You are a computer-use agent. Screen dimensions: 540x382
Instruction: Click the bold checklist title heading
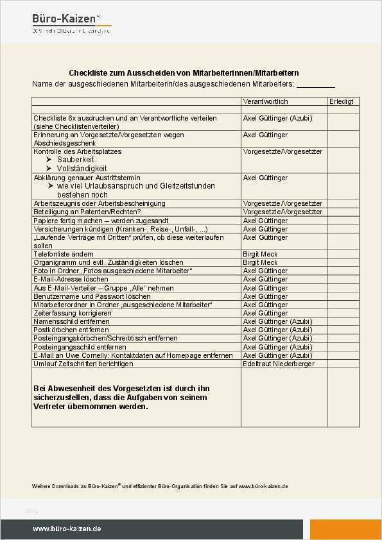point(184,73)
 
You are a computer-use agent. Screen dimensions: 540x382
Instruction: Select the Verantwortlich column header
point(265,101)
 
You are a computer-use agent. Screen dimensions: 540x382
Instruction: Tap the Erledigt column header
point(341,101)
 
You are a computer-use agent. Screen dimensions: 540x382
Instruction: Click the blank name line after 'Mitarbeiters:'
point(315,85)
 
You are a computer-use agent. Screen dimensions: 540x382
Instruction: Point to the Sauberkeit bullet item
point(75,160)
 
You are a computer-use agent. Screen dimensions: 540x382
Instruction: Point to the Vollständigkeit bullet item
point(80,168)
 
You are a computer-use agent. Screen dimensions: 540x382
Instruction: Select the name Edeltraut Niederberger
point(278,364)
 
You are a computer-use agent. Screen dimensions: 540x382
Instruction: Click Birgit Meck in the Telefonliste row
point(260,254)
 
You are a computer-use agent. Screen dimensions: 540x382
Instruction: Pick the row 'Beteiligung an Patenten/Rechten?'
point(87,212)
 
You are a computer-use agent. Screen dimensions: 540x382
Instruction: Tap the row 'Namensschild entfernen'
point(71,321)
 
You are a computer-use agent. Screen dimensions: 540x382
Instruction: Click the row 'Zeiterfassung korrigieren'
point(72,313)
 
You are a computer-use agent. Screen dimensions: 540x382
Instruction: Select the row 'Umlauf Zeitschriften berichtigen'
point(83,364)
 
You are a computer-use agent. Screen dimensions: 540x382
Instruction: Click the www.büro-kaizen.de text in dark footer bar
point(67,529)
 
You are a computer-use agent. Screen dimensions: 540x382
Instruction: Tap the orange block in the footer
point(345,529)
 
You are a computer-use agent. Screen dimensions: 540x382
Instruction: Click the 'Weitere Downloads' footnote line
point(160,486)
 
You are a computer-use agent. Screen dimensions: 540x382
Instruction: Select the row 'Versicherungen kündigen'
point(120,229)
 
